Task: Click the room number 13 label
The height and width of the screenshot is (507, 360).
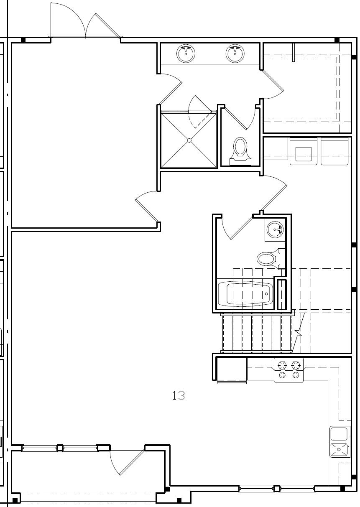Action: pos(179,395)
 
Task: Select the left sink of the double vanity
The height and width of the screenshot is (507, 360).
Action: pos(186,54)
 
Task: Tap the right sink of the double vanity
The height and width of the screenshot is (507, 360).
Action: pos(235,54)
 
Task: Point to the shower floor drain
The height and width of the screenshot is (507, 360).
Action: pos(189,140)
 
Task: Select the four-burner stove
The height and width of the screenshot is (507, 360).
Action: pos(289,370)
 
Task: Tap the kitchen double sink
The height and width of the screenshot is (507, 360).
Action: pos(339,442)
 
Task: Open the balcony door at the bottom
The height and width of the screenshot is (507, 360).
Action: pos(128,462)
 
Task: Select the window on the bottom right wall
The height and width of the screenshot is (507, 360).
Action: pos(276,488)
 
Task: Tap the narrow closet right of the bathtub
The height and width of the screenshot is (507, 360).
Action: pos(282,294)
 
